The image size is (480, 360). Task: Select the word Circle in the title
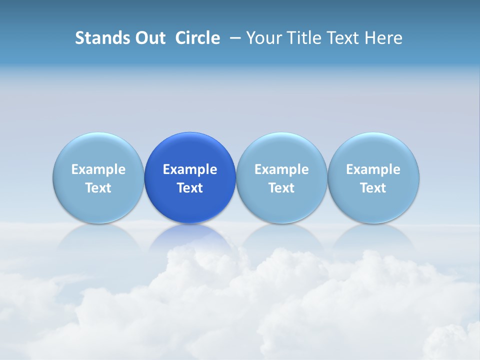[197, 38]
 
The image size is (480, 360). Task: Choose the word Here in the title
[383, 38]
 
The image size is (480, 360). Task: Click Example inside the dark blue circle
[190, 169]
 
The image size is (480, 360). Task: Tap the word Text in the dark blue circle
[190, 188]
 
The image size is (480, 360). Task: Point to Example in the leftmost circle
[98, 169]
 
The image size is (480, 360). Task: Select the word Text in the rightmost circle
[373, 188]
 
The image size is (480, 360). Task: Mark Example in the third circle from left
[281, 169]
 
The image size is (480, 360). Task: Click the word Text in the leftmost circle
[98, 188]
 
